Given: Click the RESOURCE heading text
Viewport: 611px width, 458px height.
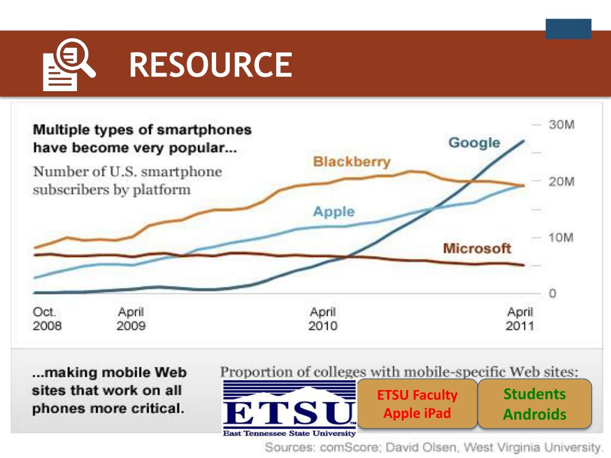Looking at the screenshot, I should pyautogui.click(x=211, y=65).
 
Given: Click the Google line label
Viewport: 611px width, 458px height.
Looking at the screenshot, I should pyautogui.click(x=474, y=143).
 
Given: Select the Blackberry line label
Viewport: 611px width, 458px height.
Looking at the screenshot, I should pyautogui.click(x=351, y=162).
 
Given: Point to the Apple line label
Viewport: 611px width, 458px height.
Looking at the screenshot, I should pyautogui.click(x=334, y=212).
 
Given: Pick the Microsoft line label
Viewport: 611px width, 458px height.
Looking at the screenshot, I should pyautogui.click(x=477, y=248).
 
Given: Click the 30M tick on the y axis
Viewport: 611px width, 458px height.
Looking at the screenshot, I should pyautogui.click(x=561, y=125).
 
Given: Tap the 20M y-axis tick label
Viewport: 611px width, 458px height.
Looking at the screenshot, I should pyautogui.click(x=561, y=181).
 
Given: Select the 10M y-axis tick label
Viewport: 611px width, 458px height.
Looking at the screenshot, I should pyautogui.click(x=561, y=238).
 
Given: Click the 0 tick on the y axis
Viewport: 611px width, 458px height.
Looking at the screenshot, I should pyautogui.click(x=553, y=294).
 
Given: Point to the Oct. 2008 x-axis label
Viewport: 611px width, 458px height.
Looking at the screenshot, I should pyautogui.click(x=47, y=319).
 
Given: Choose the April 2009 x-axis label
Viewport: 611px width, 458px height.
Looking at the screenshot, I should pyautogui.click(x=131, y=319).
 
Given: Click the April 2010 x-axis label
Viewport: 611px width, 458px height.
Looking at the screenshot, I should pyautogui.click(x=323, y=319).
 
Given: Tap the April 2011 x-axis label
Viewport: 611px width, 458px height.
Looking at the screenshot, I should pyautogui.click(x=520, y=319).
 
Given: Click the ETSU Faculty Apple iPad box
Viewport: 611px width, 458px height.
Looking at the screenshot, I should pyautogui.click(x=417, y=404).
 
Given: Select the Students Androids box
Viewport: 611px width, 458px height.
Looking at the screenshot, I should pyautogui.click(x=534, y=404).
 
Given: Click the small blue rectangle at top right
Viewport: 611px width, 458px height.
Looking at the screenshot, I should pyautogui.click(x=568, y=29).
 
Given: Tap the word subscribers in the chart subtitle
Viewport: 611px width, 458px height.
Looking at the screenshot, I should pyautogui.click(x=66, y=190).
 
